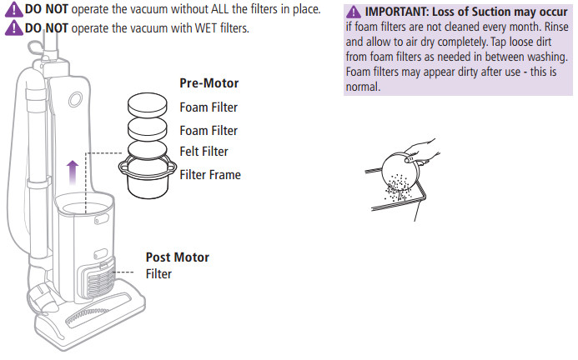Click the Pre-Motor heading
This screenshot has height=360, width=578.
[x=209, y=83]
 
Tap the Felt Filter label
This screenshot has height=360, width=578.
[x=204, y=152]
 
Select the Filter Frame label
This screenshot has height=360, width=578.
[x=210, y=175]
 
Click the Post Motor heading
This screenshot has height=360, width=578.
[x=178, y=257]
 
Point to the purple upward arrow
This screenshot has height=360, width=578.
[x=73, y=172]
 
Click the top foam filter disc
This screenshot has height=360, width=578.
[x=148, y=103]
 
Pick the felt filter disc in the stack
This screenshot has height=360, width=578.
[x=148, y=150]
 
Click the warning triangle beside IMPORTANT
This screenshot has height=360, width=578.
[x=354, y=12]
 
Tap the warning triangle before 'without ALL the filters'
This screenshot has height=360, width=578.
[x=14, y=9]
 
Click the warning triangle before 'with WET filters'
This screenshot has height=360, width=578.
[x=14, y=27]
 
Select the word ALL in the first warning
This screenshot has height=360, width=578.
[x=220, y=9]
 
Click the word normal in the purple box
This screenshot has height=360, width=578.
[x=363, y=87]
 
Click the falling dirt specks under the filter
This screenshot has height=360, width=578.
[x=397, y=188]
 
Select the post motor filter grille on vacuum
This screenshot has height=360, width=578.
[x=98, y=282]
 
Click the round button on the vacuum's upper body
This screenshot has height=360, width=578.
[x=75, y=99]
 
